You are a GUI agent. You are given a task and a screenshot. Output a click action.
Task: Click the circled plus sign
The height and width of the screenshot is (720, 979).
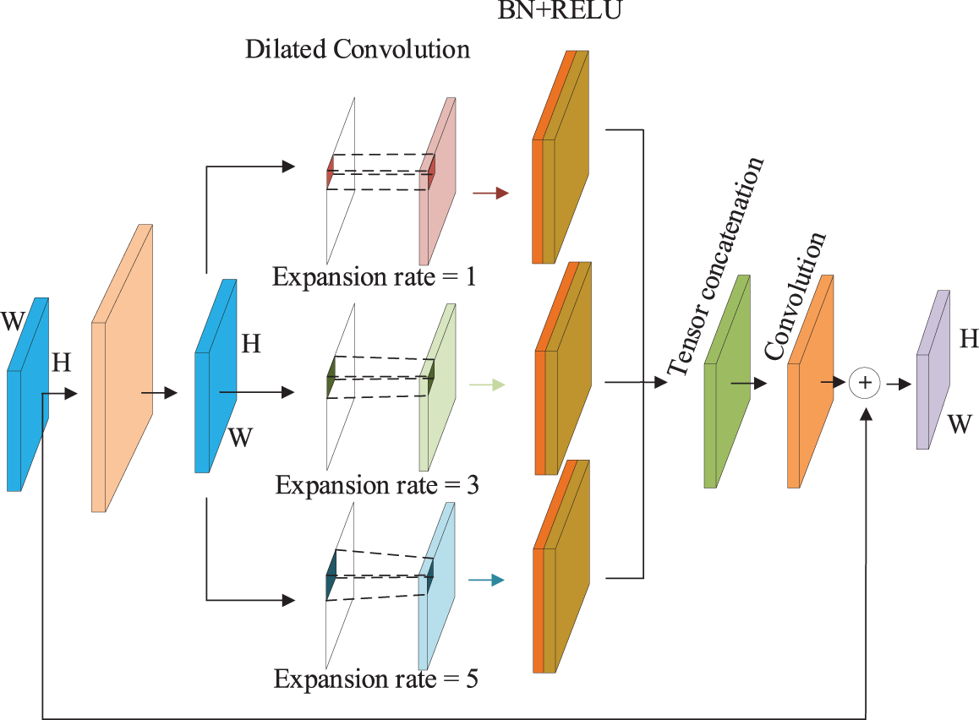pos(865,383)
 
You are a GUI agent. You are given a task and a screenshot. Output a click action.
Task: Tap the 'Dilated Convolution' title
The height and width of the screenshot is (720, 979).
pos(357,49)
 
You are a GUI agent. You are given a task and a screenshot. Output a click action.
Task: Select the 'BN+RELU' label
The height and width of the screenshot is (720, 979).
pos(560,10)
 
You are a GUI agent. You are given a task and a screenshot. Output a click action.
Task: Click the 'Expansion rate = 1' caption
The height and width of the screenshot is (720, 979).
pos(374,276)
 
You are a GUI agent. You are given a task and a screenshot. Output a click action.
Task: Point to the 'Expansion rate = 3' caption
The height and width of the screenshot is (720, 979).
pos(377,485)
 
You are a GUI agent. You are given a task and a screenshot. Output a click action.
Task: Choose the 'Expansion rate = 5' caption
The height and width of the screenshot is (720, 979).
pos(376,679)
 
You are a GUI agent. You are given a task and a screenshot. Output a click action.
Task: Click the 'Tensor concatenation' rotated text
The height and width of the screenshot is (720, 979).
pos(715,267)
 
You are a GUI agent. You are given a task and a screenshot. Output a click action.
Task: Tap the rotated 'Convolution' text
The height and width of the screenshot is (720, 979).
pos(795,296)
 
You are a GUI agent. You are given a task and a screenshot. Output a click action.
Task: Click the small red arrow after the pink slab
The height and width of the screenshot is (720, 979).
pos(490,193)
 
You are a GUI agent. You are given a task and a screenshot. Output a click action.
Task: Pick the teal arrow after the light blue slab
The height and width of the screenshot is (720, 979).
pos(486,581)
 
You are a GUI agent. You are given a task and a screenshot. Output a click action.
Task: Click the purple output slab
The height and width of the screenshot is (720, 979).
pos(933,369)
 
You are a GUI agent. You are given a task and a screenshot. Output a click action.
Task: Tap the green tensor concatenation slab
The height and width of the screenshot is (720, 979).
pos(727,381)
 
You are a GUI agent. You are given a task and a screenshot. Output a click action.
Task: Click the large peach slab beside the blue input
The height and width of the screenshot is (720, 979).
pos(123,368)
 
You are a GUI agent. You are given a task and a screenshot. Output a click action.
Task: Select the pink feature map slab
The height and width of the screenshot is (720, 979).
pos(437,181)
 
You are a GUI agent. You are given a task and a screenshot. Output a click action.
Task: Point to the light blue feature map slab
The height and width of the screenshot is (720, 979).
pos(435,586)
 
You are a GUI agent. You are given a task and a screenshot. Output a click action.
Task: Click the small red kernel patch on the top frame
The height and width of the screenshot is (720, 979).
pos(330,172)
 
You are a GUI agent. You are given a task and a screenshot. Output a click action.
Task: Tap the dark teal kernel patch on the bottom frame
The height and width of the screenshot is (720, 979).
pos(331,575)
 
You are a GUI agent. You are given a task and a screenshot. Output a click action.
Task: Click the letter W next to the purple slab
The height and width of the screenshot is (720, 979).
pos(960,425)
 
